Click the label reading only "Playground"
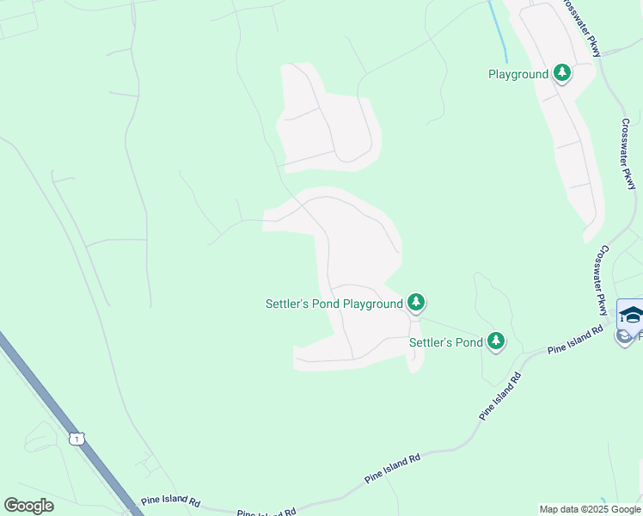(517, 74)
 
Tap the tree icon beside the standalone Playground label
(562, 73)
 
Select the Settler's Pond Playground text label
(334, 304)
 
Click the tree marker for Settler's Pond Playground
(416, 302)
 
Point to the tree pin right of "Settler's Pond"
(496, 341)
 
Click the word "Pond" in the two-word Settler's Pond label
(468, 342)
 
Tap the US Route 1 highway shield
(77, 439)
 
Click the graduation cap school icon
(631, 314)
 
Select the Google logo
(28, 506)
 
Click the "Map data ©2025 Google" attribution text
(590, 509)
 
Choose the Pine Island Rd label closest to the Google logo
(171, 500)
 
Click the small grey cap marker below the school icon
(624, 336)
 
